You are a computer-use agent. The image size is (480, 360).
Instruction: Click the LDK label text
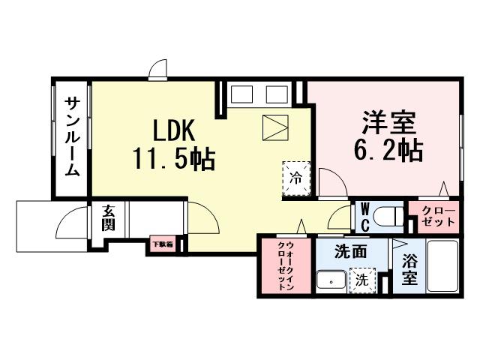(175, 131)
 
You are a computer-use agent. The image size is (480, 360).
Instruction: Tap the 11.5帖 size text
(175, 158)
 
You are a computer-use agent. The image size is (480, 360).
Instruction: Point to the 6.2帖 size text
(388, 151)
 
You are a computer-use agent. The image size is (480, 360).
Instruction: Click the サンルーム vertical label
(71, 136)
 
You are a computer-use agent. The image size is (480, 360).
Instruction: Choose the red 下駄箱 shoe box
(162, 244)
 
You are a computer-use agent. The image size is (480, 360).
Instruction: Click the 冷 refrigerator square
(295, 178)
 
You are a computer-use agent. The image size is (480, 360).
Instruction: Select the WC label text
(364, 216)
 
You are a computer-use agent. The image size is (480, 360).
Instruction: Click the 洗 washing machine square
(361, 281)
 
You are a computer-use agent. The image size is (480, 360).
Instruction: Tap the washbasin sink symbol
(331, 281)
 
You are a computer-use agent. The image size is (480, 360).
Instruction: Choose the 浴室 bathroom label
(409, 269)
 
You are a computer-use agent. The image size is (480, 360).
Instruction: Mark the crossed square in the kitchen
(274, 126)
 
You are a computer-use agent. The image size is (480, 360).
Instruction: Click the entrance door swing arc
(71, 223)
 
